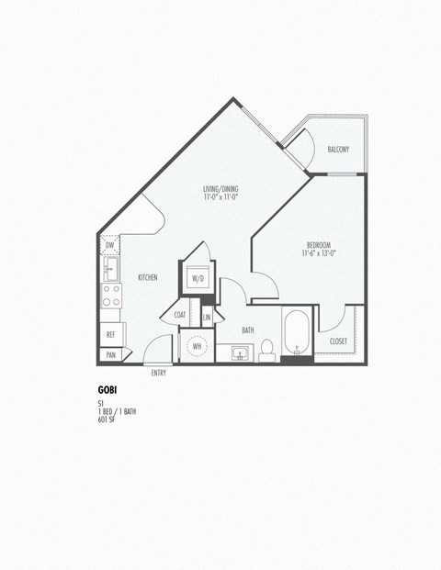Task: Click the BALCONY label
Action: point(337,150)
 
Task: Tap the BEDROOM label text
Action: point(318,245)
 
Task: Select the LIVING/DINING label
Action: point(220,191)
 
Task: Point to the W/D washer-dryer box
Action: point(198,277)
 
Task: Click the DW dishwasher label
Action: point(109,245)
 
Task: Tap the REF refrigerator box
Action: point(110,334)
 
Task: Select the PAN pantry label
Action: point(110,354)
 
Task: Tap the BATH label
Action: point(248,329)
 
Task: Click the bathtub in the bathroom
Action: point(297,337)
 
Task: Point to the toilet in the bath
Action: point(266,348)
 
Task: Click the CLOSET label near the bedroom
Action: point(338,341)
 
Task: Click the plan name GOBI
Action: point(106,389)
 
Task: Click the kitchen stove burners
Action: point(110,296)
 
